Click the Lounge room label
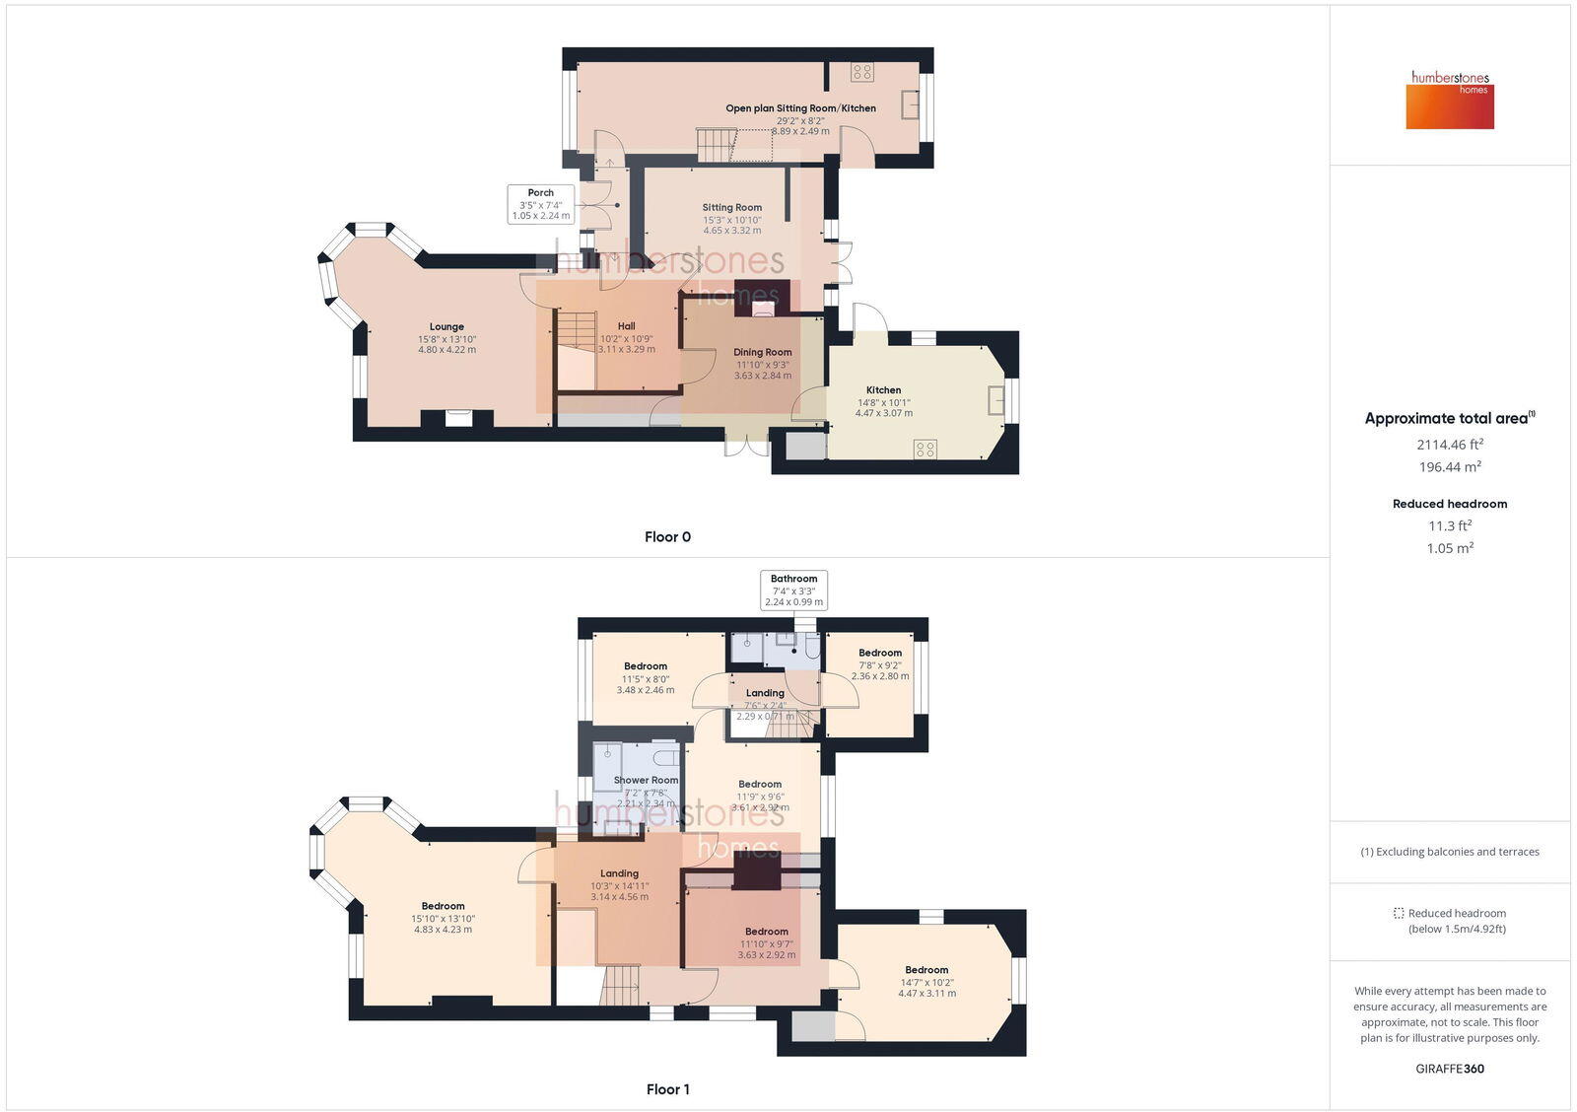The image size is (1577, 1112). (x=446, y=327)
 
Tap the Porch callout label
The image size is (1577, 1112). (x=540, y=193)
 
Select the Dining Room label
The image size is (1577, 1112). (x=762, y=352)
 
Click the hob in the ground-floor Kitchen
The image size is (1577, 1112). (x=925, y=450)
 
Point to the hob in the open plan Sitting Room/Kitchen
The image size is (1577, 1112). (x=862, y=71)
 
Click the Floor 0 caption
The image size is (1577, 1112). (x=667, y=537)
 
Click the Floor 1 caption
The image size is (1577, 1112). (x=667, y=1089)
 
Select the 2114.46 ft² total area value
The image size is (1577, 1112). (x=1450, y=445)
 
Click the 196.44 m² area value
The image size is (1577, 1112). (x=1450, y=467)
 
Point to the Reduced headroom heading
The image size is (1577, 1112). (x=1450, y=504)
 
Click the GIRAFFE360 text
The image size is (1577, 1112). (x=1450, y=1069)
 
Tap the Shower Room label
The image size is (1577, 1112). (x=646, y=780)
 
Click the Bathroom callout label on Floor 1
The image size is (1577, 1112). (x=793, y=579)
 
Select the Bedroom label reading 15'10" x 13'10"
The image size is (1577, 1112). (x=443, y=906)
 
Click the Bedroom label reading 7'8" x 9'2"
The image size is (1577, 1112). (x=880, y=653)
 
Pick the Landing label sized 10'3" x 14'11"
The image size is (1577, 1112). (x=619, y=873)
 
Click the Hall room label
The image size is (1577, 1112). (x=626, y=326)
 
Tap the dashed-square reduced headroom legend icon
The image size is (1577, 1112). (x=1398, y=913)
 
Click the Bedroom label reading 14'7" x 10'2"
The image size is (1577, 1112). (x=926, y=970)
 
